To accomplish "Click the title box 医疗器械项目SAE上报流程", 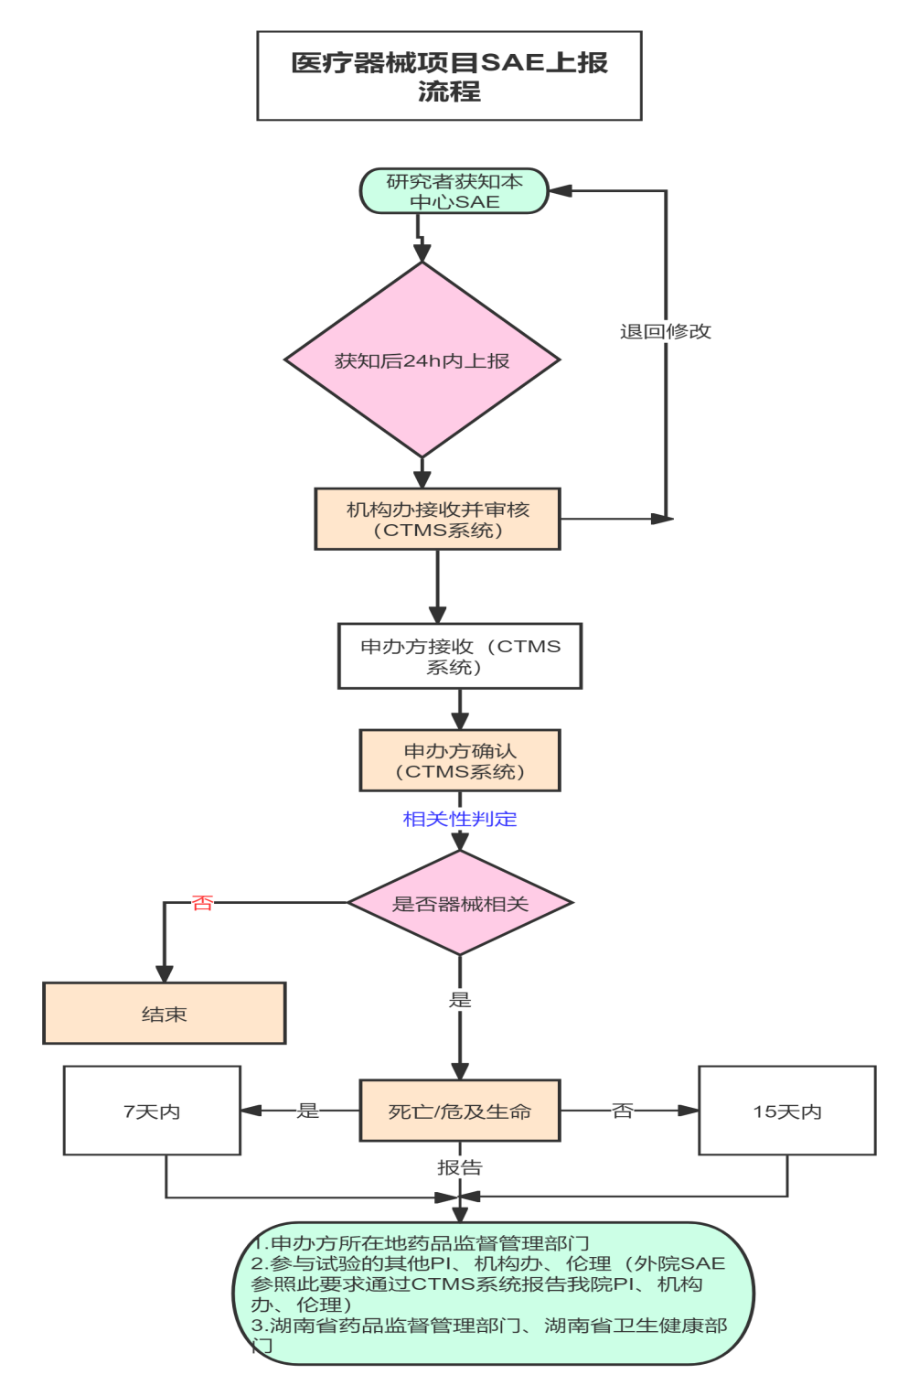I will (449, 76).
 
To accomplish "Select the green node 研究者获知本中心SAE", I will (454, 191).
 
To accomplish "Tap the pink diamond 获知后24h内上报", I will (422, 360).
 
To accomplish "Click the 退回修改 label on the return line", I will (665, 331).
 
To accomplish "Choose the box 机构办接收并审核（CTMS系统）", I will (437, 520).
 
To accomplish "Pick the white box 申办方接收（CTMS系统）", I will (460, 656).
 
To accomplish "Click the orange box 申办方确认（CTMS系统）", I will (460, 760).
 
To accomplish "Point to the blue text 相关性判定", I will (460, 819).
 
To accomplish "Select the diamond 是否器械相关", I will (460, 904).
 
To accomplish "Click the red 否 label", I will (202, 903).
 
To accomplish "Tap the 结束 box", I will (165, 1014).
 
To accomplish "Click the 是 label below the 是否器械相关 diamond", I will (460, 1000).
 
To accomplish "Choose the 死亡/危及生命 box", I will (460, 1111).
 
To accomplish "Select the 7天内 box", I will (152, 1111).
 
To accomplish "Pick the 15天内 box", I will (787, 1111).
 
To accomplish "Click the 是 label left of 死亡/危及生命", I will (308, 1111).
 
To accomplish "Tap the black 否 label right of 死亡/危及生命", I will (623, 1111).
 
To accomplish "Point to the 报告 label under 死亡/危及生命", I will (460, 1167).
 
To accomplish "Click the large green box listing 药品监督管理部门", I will (494, 1294).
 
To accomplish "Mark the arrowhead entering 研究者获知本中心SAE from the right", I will (560, 191).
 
